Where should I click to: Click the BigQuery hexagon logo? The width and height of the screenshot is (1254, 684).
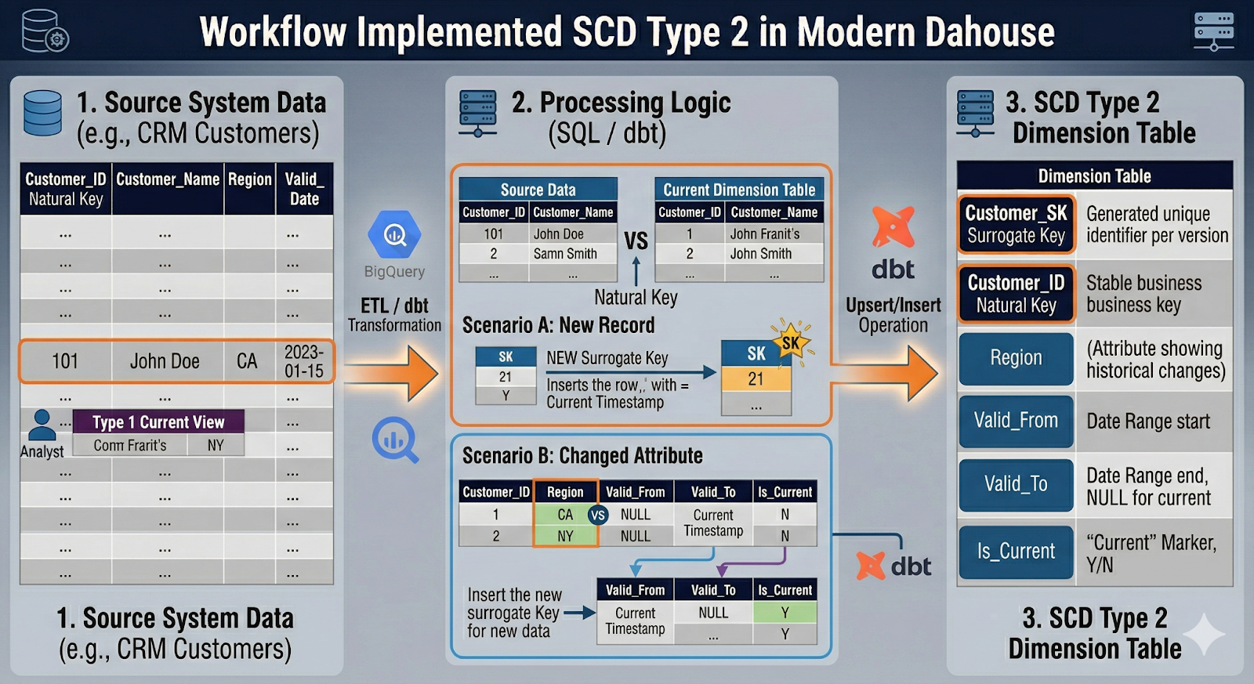click(x=394, y=234)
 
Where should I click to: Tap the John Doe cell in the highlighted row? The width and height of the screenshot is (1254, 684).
click(x=165, y=361)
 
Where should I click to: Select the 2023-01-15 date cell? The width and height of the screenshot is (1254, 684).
click(x=304, y=361)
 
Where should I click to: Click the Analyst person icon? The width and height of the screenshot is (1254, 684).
click(x=42, y=425)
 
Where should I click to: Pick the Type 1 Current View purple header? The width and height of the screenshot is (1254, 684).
click(x=158, y=422)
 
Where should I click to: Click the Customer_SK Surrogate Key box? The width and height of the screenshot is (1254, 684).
click(x=1016, y=224)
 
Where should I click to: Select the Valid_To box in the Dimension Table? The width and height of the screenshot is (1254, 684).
click(x=1016, y=484)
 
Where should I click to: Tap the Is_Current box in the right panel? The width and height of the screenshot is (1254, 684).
click(x=1016, y=552)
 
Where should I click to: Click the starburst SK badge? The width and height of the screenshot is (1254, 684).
click(x=791, y=342)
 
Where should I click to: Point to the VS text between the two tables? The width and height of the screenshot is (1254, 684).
click(x=636, y=241)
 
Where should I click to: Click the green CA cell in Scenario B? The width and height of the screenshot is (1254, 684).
click(x=564, y=515)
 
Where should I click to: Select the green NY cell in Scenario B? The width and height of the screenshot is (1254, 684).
click(x=565, y=536)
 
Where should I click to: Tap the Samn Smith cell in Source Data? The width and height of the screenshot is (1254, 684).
click(x=565, y=254)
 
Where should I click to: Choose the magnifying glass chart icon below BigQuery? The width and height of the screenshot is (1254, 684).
click(x=394, y=440)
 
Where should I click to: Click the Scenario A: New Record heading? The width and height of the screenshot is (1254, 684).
click(x=558, y=325)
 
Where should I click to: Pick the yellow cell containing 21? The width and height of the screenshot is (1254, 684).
click(x=756, y=379)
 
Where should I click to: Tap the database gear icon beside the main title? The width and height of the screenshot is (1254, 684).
click(x=45, y=31)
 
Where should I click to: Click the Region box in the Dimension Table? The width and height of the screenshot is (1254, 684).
click(x=1016, y=358)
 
